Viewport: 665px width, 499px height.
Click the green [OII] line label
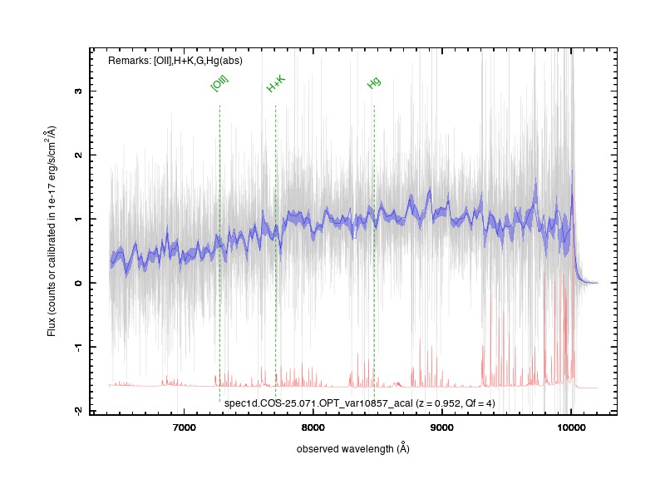(219, 82)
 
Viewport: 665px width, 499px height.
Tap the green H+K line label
(276, 84)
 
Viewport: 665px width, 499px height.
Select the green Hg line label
(373, 82)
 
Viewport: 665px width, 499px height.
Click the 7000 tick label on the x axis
(185, 427)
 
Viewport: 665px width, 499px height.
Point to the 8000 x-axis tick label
(313, 427)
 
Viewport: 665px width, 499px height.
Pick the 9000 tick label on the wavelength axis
(442, 427)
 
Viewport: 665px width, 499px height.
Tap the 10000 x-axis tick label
(571, 427)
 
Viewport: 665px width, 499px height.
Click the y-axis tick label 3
(78, 91)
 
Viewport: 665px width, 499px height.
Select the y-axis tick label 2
(78, 156)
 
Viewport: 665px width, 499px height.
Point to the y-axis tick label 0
(78, 283)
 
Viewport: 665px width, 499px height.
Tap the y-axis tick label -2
(78, 411)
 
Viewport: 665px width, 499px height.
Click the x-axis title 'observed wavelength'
(345, 449)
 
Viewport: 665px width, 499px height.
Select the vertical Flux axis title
(52, 231)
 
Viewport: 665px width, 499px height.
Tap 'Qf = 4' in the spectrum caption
(479, 403)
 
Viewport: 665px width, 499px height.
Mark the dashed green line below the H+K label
(276, 252)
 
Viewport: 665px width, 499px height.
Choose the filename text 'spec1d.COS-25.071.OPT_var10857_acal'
(318, 403)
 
